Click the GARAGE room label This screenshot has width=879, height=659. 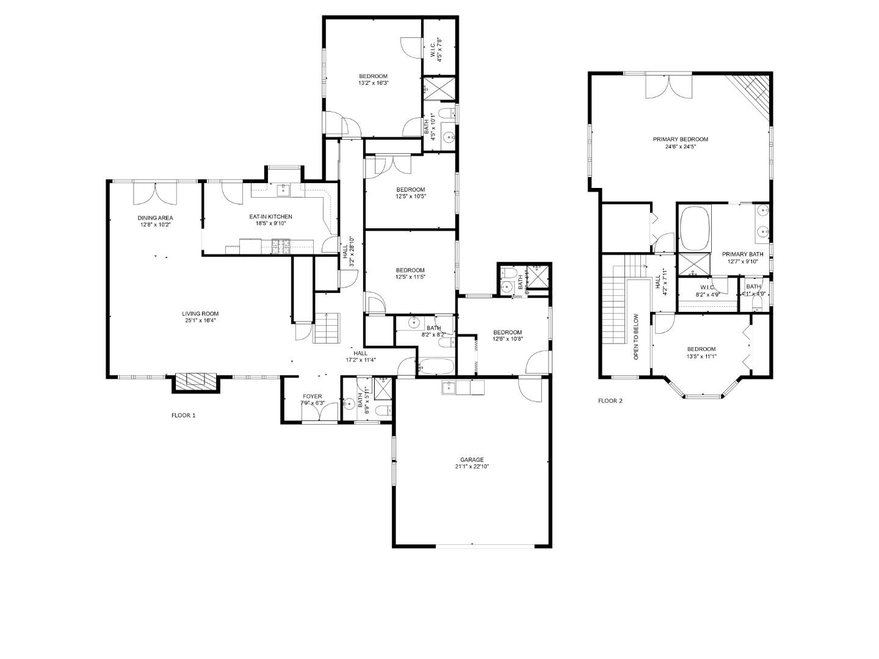coord(472,459)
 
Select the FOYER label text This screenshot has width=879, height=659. coord(312,397)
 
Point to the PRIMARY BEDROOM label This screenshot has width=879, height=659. coord(680,139)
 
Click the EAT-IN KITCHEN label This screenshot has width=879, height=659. coord(270,217)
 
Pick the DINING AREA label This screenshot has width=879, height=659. coord(155,218)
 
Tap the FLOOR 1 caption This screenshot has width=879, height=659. coord(183,416)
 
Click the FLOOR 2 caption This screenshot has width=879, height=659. coord(610,401)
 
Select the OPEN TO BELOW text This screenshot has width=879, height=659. coord(636,336)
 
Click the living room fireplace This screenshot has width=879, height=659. coord(196,381)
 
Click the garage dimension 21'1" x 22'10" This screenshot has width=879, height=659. coord(472,467)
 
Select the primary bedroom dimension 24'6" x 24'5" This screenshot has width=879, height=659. coord(680,146)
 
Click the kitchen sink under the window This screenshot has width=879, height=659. coord(283,191)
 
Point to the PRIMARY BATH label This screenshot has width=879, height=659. coord(742,254)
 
